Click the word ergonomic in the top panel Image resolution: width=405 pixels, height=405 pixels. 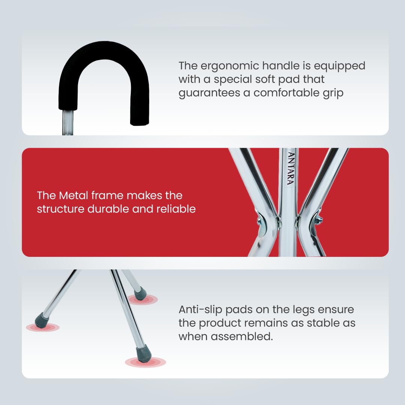(229, 66)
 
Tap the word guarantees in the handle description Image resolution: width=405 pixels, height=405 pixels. (209, 93)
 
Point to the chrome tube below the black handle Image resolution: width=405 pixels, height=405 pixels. (67, 122)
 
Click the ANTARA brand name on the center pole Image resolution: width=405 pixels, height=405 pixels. (291, 168)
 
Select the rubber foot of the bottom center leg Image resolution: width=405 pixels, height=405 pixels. (143, 354)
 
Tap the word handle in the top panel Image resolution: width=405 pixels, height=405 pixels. (281, 66)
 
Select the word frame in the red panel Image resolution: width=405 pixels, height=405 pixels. (108, 195)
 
